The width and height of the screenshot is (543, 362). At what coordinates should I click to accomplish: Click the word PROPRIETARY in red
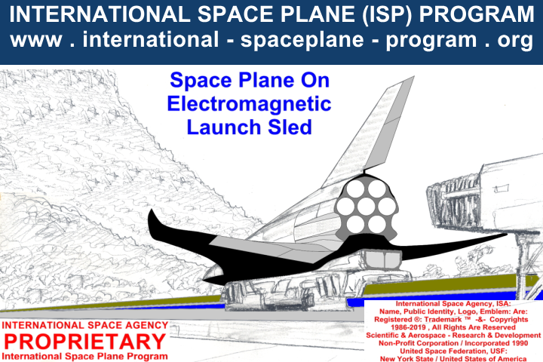tap(84, 341)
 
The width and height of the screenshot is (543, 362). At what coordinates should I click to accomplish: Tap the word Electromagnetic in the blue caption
tap(249, 103)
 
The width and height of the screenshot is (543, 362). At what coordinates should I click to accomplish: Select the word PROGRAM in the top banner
tap(477, 14)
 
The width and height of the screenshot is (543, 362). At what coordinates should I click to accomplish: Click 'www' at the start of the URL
tap(36, 40)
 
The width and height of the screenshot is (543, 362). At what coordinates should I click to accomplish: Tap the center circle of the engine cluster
tap(366, 207)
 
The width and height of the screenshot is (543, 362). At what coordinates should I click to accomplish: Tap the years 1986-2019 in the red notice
tap(409, 327)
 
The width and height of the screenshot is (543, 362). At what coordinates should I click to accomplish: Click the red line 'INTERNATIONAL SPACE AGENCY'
tap(84, 325)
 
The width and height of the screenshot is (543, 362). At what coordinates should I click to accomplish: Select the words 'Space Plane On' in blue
tap(250, 80)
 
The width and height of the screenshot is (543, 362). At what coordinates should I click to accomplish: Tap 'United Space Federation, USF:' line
tap(453, 351)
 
